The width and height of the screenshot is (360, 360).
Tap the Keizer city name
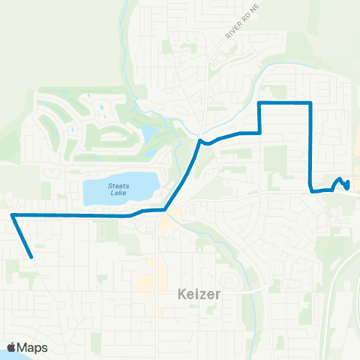coord(199,294)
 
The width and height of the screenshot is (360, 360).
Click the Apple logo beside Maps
coord(12,347)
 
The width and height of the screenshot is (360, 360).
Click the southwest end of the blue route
coord(31,257)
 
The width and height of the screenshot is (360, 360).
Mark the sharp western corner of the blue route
coord(13,215)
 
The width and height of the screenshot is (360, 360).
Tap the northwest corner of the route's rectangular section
coord(259,102)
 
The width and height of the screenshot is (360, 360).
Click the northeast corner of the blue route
coord(310,102)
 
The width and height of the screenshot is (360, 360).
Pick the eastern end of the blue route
coord(348,188)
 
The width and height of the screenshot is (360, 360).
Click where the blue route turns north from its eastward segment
coord(259,133)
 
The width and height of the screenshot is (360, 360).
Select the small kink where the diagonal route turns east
coord(200,139)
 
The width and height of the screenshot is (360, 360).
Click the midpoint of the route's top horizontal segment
coord(285,102)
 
